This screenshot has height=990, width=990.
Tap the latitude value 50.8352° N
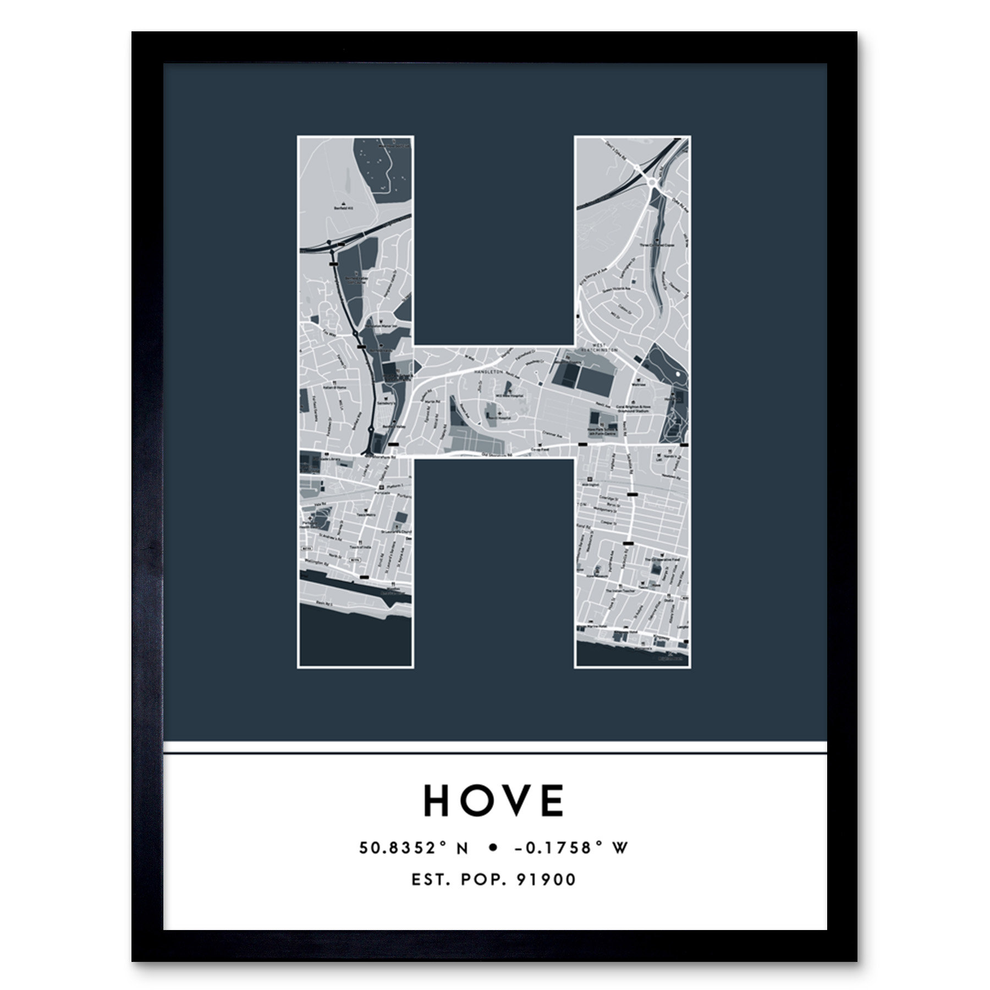click(414, 848)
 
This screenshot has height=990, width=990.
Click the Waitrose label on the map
click(638, 384)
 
